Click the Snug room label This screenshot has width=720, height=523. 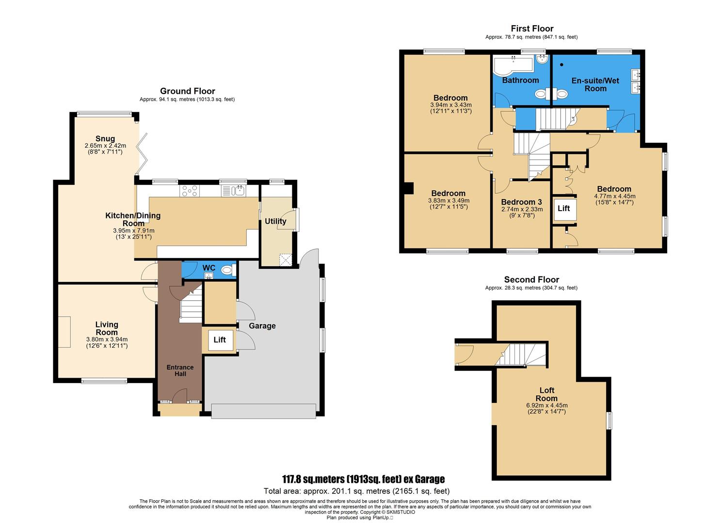click(105, 139)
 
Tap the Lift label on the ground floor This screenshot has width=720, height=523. click(220, 340)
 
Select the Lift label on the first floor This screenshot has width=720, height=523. click(564, 208)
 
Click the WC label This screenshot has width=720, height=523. click(208, 268)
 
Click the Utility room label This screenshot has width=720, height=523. click(275, 221)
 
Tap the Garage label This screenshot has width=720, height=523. click(262, 326)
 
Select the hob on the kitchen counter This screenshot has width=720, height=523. click(189, 191)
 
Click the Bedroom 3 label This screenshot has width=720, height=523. click(522, 202)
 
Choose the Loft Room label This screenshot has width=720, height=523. click(546, 394)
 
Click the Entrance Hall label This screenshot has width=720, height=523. click(180, 370)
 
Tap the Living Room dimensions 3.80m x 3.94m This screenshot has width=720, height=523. click(107, 339)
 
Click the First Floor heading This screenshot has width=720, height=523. click(532, 29)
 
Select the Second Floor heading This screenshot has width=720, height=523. click(531, 279)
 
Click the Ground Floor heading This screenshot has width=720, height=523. click(187, 91)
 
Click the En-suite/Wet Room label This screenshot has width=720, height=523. click(595, 84)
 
